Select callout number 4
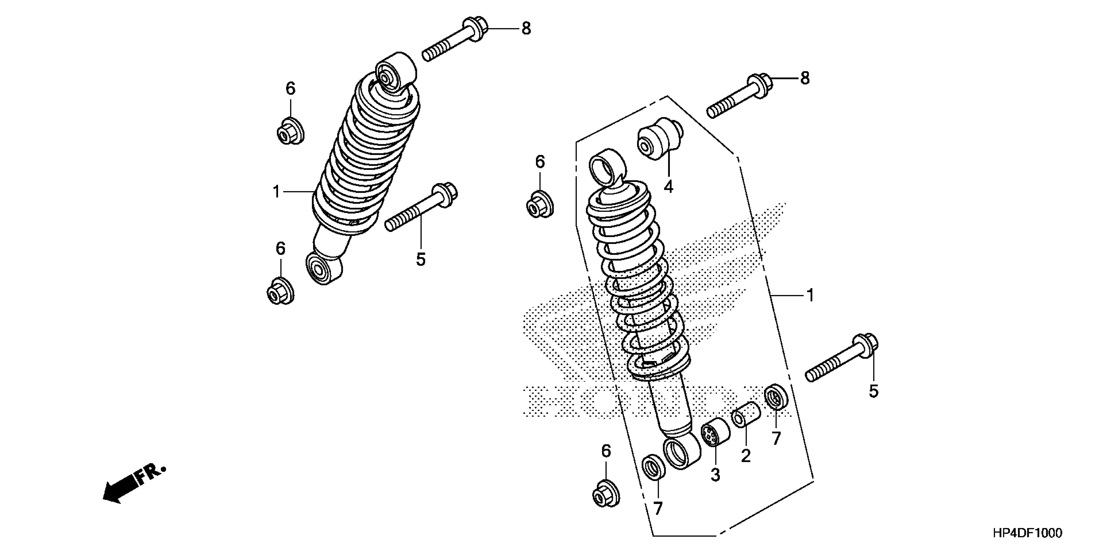pyautogui.click(x=668, y=187)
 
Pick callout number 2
pyautogui.click(x=746, y=456)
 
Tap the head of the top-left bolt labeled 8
pyautogui.click(x=476, y=28)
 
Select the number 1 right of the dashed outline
pyautogui.click(x=810, y=296)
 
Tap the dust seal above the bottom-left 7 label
pyautogui.click(x=653, y=467)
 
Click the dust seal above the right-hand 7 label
pyautogui.click(x=776, y=397)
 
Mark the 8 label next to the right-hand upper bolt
pyautogui.click(x=805, y=78)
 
